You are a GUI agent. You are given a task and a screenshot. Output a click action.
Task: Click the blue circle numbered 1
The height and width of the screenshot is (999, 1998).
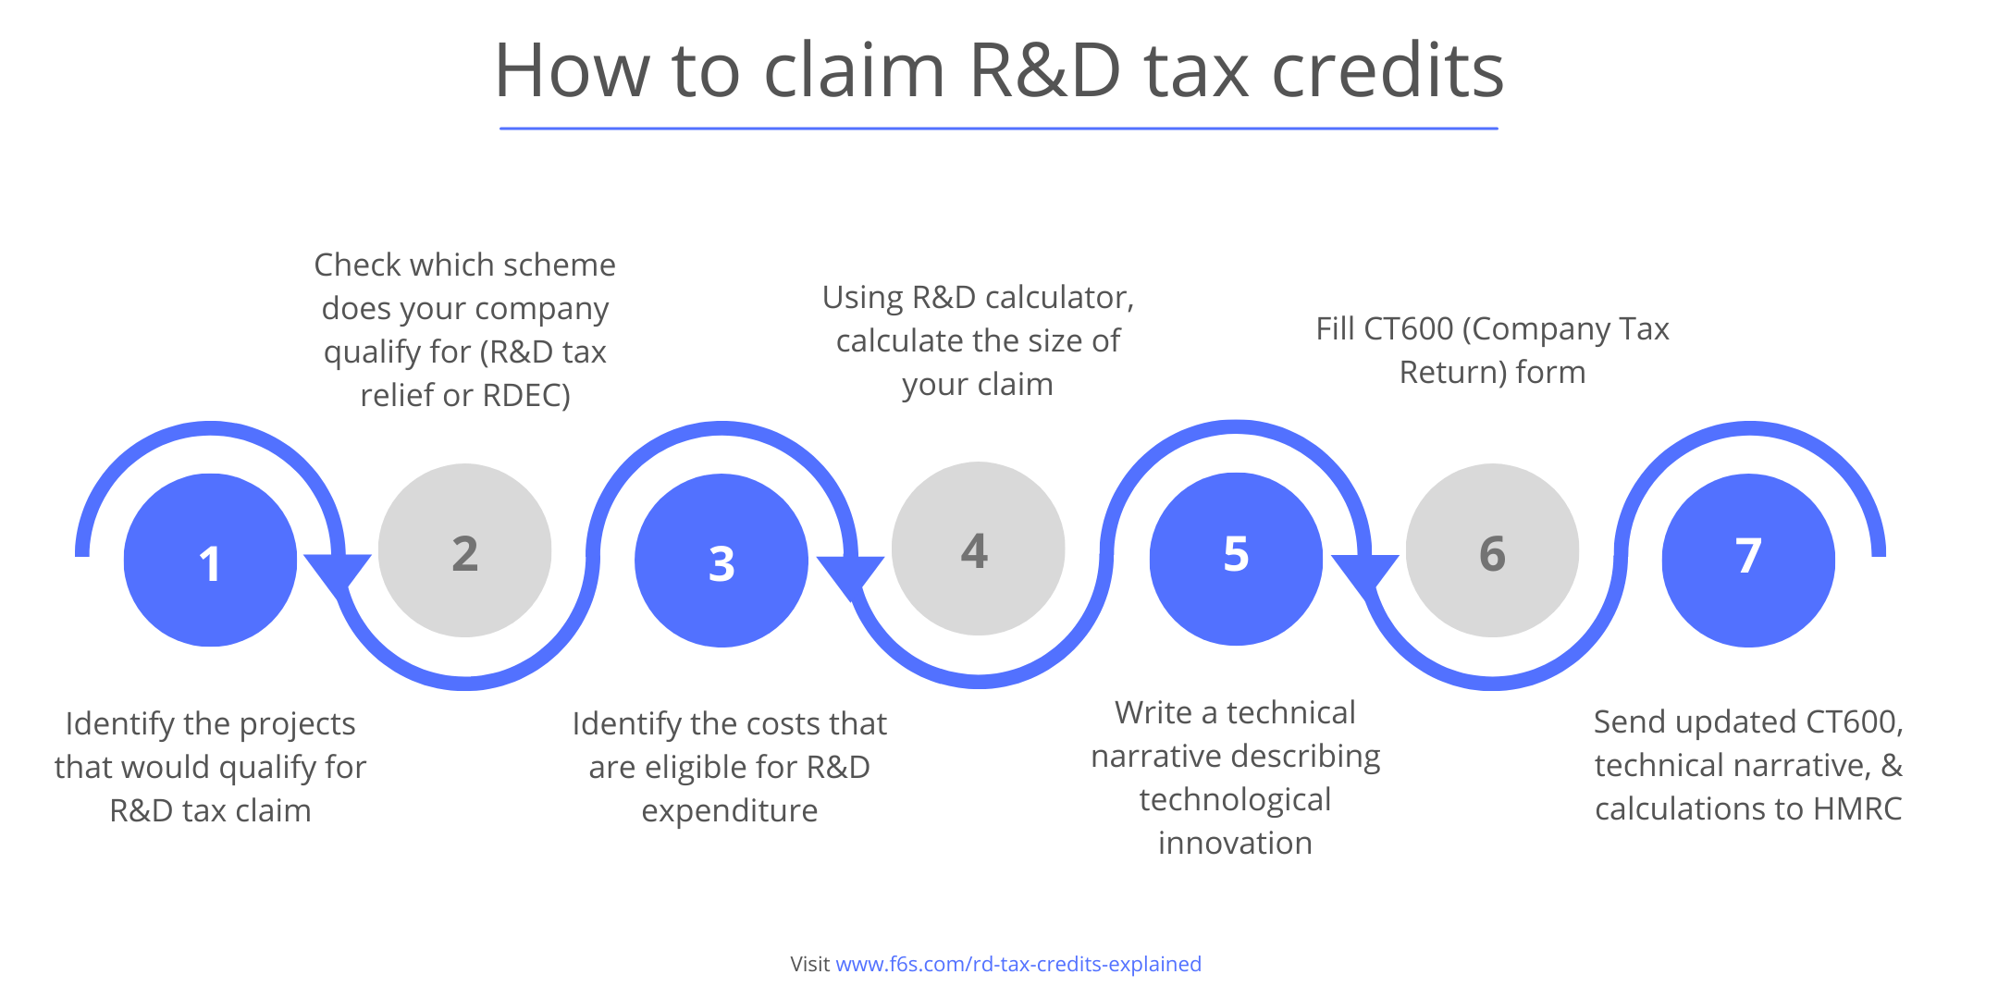click(x=210, y=560)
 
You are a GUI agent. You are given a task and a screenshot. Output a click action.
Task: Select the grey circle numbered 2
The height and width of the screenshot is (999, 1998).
click(x=464, y=550)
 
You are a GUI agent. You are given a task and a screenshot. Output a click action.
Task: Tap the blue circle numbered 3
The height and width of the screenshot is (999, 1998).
click(x=721, y=560)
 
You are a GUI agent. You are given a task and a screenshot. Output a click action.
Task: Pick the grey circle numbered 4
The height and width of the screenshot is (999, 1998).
click(x=978, y=549)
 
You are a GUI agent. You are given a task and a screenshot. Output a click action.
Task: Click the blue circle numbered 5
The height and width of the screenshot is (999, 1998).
click(x=1236, y=558)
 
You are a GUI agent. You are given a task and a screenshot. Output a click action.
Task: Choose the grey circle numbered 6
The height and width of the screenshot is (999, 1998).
click(x=1492, y=550)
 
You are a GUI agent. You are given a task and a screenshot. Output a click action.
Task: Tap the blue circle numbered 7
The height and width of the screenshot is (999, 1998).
click(x=1748, y=560)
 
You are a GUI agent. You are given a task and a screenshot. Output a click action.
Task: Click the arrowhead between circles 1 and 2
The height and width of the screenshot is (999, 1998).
click(x=338, y=569)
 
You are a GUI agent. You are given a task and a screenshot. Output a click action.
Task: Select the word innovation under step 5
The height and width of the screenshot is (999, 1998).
click(x=1235, y=844)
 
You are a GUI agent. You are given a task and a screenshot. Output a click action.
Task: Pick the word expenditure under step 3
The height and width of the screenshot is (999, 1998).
click(x=729, y=811)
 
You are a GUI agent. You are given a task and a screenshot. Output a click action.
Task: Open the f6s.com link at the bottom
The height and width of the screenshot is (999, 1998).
click(x=1017, y=964)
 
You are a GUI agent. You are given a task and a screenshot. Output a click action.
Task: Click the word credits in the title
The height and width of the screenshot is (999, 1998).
click(x=1387, y=70)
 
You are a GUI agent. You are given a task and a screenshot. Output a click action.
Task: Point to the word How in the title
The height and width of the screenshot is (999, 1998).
click(x=571, y=70)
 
